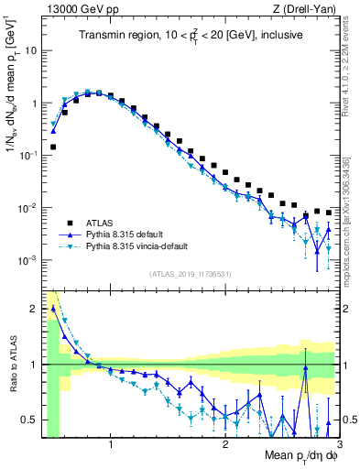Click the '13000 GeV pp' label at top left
click(x=76, y=9)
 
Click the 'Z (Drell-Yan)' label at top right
click(x=306, y=9)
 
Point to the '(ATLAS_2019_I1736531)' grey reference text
click(x=191, y=273)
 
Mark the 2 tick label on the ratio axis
click(x=34, y=309)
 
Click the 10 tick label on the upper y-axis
click(x=29, y=50)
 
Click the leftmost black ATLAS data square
click(x=53, y=147)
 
